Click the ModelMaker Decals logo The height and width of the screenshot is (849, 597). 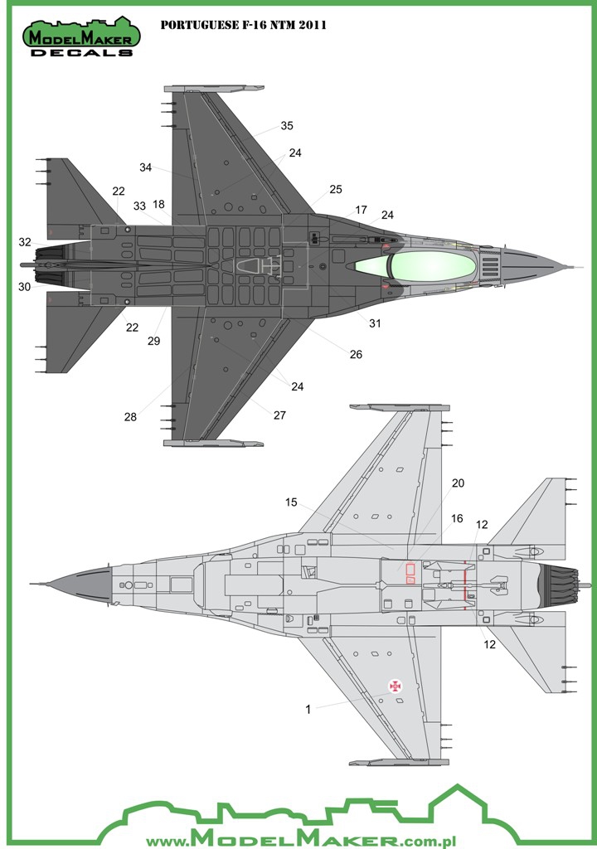coord(81,36)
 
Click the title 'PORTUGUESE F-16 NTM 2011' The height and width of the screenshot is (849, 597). coord(243,25)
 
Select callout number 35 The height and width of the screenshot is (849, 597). coord(287,126)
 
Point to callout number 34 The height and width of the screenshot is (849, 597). coord(145,167)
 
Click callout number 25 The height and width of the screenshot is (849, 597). coord(336,189)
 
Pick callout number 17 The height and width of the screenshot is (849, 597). coord(362,210)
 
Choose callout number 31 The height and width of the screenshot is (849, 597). coord(375,323)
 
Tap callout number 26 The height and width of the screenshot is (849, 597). coord(356,354)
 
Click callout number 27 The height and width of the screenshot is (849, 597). coord(279,415)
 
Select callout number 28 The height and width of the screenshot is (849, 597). coord(130,417)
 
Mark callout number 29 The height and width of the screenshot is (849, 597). coord(154,341)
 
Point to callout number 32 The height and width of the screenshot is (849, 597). coord(25,242)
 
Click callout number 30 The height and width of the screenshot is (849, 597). coord(24,287)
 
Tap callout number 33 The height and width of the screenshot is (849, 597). coord(140,206)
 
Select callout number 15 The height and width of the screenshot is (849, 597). coord(292,502)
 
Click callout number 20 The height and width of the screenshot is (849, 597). coord(459,483)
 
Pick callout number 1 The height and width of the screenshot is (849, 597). coord(308,709)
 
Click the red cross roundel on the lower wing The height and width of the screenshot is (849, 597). coord(396,686)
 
